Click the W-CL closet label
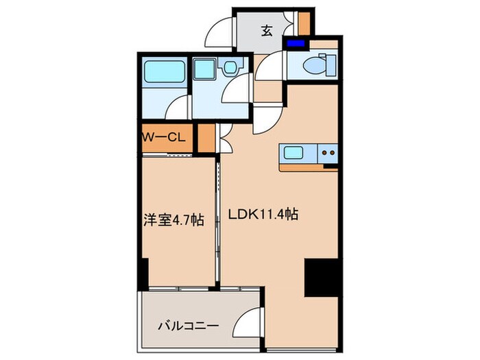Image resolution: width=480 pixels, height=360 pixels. click(163, 137)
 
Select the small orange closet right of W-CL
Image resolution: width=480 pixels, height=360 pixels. click(204, 138)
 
